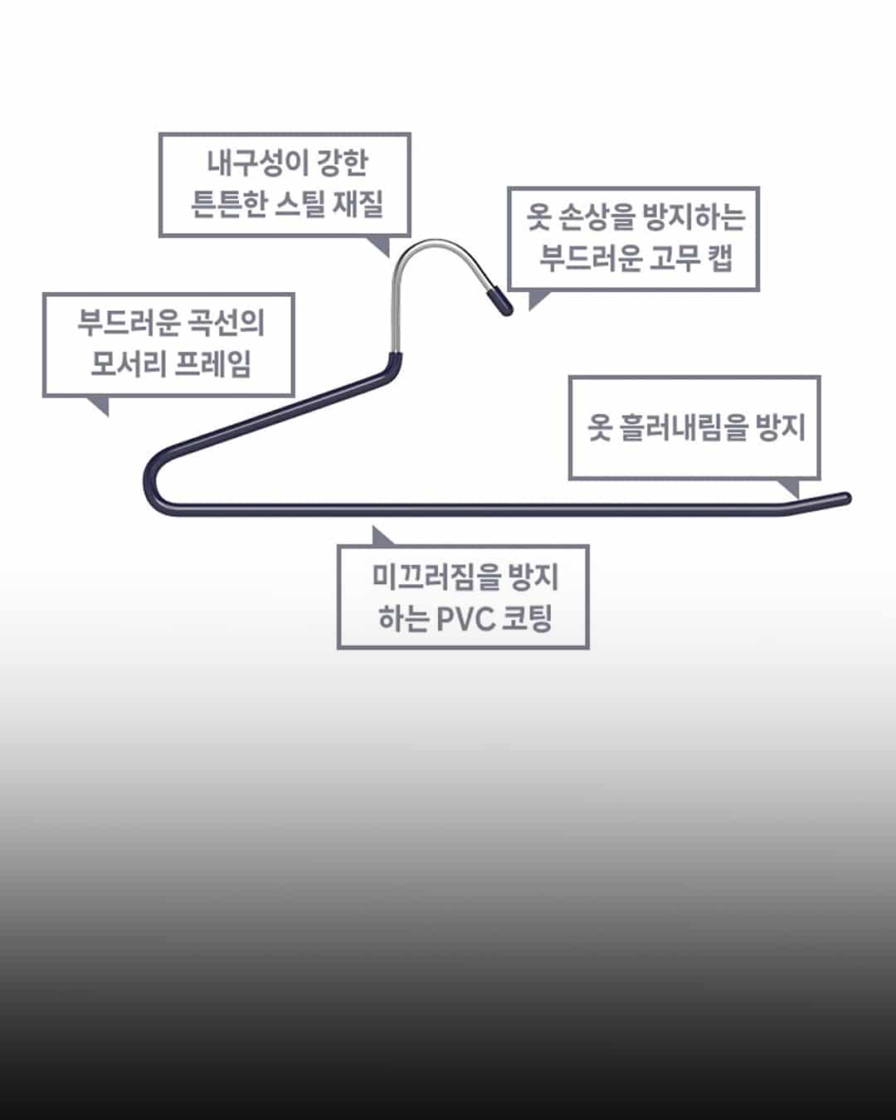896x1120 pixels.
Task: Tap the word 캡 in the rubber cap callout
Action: (x=722, y=258)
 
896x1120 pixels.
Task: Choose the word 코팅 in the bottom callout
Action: (x=528, y=619)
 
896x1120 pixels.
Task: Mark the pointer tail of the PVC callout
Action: (x=381, y=537)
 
